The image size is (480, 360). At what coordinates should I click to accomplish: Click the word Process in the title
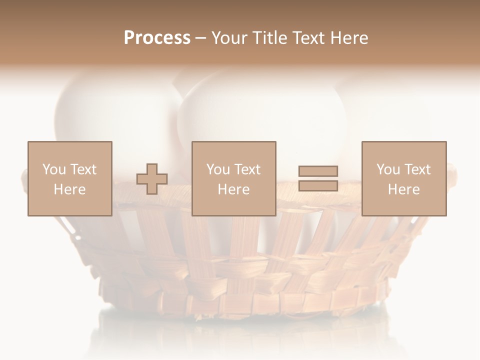[157, 38]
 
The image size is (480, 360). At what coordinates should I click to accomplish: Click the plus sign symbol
[152, 179]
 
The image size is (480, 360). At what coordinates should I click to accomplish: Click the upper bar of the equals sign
[318, 171]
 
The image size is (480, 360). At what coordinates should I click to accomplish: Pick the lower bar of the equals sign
[318, 186]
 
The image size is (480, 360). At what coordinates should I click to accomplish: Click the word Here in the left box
[69, 189]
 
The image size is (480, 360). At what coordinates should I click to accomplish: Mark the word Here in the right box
[403, 189]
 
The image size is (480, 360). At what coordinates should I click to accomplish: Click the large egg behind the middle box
[260, 110]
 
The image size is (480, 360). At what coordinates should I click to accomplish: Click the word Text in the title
[308, 38]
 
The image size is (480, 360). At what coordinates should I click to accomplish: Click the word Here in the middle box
[233, 189]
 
